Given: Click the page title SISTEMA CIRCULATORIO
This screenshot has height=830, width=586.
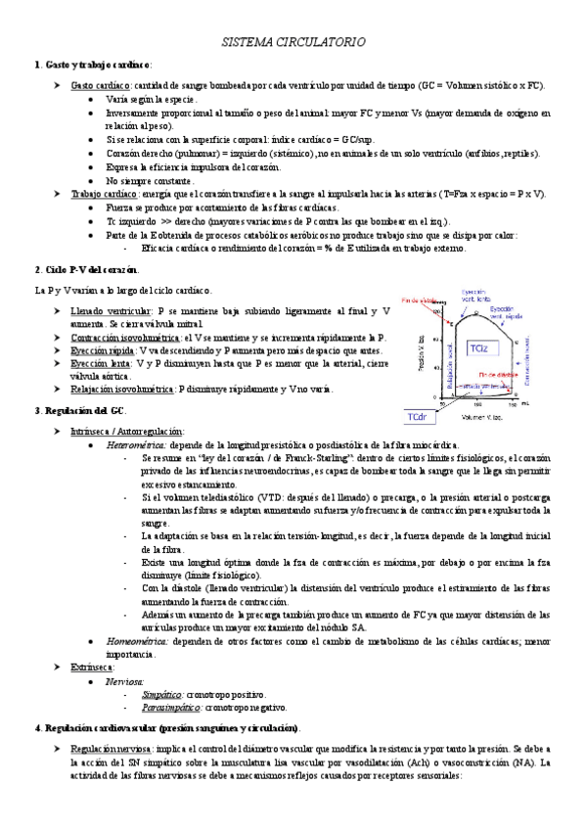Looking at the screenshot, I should click(293, 43).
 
